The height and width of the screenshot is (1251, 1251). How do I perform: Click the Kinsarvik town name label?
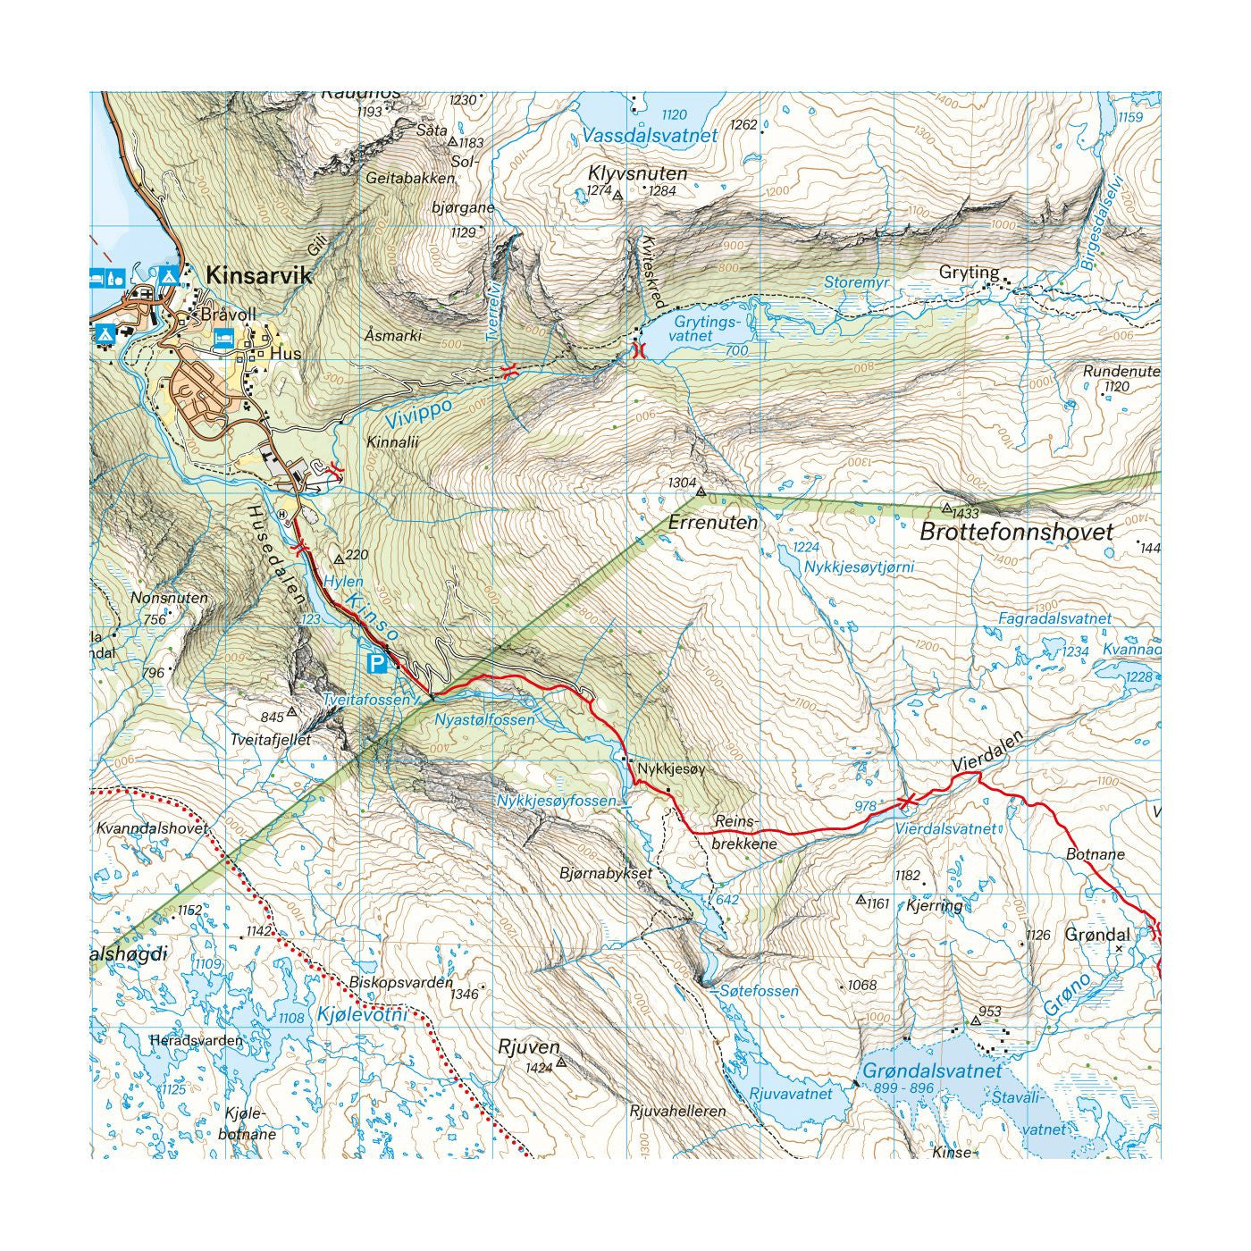(259, 275)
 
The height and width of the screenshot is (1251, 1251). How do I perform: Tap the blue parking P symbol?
(378, 662)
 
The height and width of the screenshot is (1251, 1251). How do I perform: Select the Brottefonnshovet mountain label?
(1017, 533)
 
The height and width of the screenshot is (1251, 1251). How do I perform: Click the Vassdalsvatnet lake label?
(649, 136)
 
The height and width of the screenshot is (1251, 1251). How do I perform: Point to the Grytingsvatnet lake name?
(706, 328)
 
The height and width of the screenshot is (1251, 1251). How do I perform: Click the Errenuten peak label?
(712, 523)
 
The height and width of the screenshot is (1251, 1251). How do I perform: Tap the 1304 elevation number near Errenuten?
(682, 483)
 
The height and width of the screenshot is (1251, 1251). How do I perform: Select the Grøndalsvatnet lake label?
(932, 1070)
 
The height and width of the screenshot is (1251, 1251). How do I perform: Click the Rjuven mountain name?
(529, 1046)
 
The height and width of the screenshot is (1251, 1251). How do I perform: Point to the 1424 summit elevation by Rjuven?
(539, 1067)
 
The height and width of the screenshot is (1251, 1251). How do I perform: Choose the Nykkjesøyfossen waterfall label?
(557, 801)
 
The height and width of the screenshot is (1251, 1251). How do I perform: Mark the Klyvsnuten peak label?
(638, 173)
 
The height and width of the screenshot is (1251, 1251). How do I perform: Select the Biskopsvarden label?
(401, 982)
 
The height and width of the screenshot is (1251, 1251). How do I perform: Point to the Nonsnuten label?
(169, 598)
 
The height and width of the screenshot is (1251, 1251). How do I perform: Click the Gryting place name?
(969, 272)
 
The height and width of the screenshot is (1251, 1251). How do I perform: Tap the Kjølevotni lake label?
(362, 1015)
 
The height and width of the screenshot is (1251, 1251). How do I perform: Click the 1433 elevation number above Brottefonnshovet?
(966, 513)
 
